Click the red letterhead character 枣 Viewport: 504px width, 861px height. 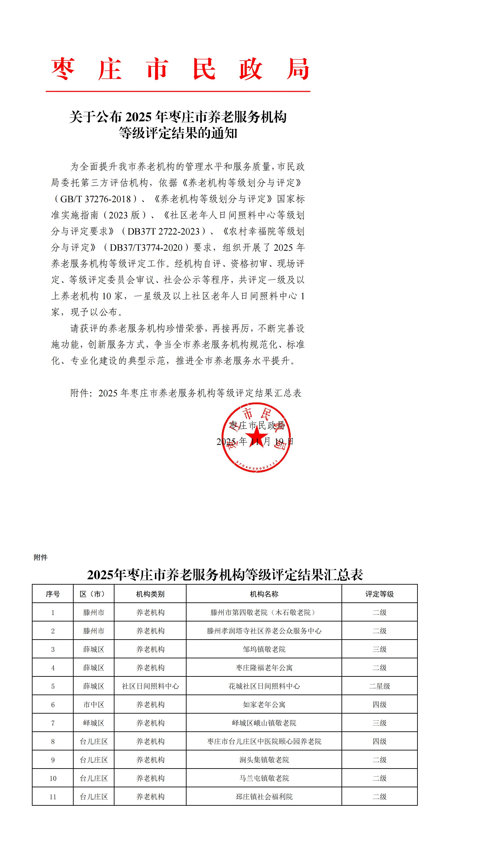click(63, 69)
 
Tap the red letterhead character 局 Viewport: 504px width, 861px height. click(298, 69)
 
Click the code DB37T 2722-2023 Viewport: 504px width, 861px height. click(163, 231)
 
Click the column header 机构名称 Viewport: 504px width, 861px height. click(264, 594)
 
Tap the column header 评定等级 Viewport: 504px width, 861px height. click(379, 594)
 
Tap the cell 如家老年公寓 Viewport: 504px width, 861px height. click(264, 705)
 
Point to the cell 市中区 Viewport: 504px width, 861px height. click(94, 705)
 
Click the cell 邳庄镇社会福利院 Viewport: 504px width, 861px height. click(264, 797)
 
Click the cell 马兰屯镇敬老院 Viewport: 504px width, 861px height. click(264, 778)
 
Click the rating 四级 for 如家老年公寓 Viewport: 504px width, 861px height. click(379, 705)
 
